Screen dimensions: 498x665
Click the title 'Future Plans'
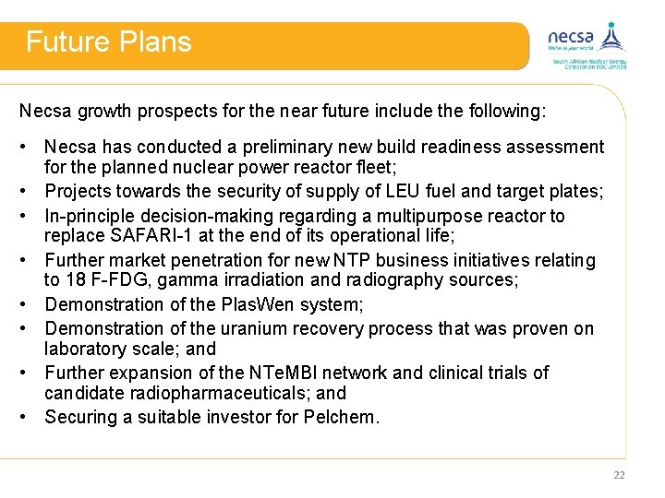point(108,42)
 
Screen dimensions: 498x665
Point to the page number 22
point(618,475)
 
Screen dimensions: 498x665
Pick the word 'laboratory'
point(85,350)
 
